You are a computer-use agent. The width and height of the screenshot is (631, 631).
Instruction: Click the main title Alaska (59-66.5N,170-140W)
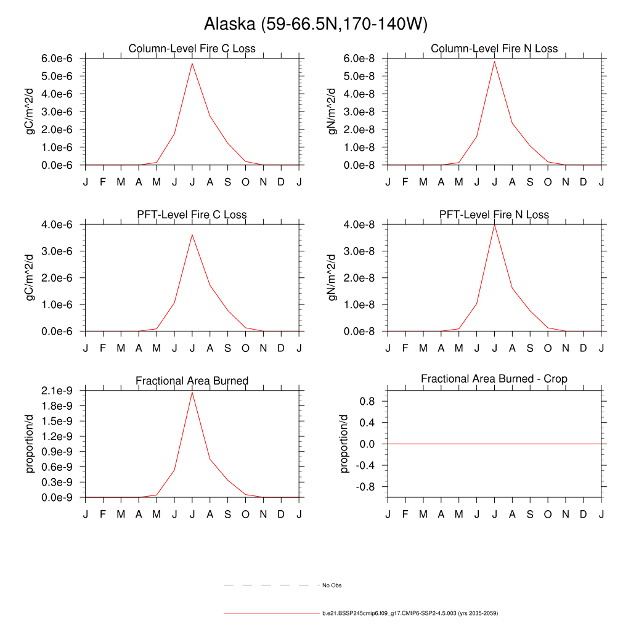click(315, 25)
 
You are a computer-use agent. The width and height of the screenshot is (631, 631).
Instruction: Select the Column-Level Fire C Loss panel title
click(192, 49)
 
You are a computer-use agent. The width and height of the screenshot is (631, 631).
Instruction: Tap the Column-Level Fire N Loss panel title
click(494, 49)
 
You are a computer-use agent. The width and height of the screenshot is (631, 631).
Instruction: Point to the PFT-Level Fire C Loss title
click(192, 215)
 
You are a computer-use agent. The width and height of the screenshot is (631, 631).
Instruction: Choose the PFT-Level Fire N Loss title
click(494, 215)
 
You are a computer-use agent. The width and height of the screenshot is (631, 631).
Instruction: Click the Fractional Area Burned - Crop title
click(494, 379)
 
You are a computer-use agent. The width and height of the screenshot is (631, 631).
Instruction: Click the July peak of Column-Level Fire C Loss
click(192, 63)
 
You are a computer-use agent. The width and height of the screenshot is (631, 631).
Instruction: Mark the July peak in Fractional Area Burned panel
click(192, 393)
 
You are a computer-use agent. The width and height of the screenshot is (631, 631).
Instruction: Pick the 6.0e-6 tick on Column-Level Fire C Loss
click(57, 59)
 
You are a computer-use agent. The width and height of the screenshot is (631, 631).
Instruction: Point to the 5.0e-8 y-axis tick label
click(360, 76)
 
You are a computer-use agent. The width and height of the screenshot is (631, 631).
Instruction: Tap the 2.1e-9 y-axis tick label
click(57, 391)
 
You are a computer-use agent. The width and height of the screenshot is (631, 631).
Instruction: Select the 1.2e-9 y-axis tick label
click(57, 436)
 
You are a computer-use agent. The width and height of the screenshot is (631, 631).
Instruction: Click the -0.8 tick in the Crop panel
click(367, 487)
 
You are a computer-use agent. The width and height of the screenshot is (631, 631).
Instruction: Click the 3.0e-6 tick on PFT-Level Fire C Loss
click(57, 251)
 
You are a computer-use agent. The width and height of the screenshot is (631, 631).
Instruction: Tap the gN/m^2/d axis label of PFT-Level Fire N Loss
click(333, 277)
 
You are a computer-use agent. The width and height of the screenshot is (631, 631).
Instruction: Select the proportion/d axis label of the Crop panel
click(344, 444)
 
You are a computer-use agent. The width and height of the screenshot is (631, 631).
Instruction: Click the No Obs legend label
click(332, 585)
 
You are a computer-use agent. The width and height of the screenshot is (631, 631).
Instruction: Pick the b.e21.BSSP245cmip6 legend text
click(410, 614)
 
